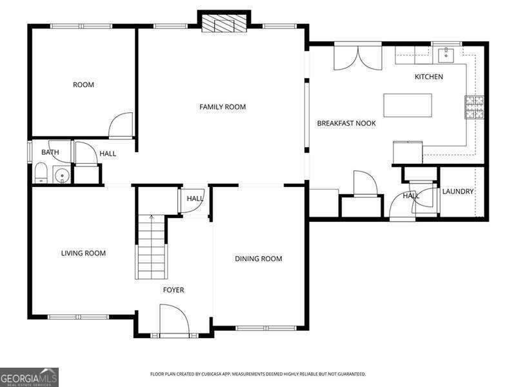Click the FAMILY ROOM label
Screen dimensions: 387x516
click(x=223, y=107)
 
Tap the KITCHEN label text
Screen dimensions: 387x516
click(x=428, y=77)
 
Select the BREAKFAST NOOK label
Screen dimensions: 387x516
click(x=346, y=123)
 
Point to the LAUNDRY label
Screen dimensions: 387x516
click(x=458, y=192)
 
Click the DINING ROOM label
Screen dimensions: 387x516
click(x=258, y=259)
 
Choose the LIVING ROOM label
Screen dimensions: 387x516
click(x=83, y=253)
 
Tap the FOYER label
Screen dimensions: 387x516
click(x=173, y=290)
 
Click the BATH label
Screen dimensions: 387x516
click(x=50, y=153)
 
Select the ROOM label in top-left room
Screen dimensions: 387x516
click(x=83, y=85)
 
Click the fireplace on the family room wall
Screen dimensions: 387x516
click(x=224, y=24)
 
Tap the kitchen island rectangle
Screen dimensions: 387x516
click(x=408, y=105)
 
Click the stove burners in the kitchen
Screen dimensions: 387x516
click(x=474, y=107)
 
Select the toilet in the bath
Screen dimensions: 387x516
click(x=41, y=173)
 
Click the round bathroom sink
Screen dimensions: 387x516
click(x=62, y=174)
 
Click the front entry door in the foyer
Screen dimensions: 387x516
click(x=173, y=321)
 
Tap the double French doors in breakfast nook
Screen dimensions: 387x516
click(x=358, y=56)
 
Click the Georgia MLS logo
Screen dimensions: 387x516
click(x=29, y=377)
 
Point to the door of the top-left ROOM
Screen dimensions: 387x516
click(x=121, y=126)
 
